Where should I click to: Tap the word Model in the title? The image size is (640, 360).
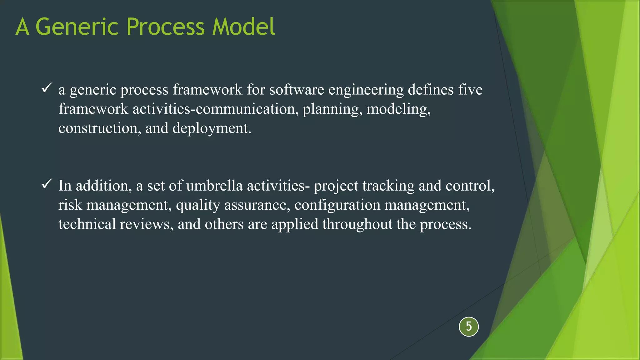pos(243,27)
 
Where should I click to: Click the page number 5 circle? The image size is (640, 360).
pos(469,327)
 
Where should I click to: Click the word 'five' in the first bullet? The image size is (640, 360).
pos(470,90)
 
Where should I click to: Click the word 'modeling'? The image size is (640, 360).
pos(398,109)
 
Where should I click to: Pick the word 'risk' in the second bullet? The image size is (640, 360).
pos(70,205)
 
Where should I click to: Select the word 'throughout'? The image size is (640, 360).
pos(357,224)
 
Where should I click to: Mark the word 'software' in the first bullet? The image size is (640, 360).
pos(297,90)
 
